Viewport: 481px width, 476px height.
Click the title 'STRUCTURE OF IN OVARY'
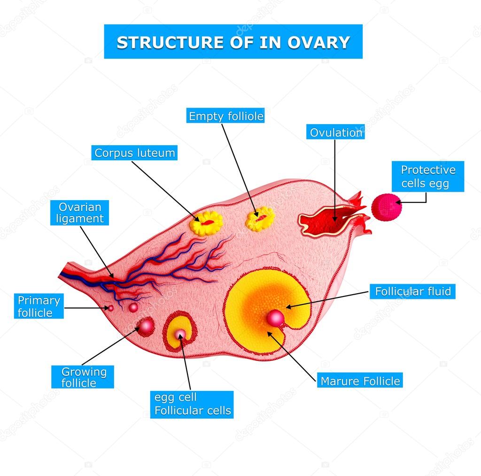(x=233, y=42)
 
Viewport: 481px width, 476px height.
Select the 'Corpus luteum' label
(x=134, y=153)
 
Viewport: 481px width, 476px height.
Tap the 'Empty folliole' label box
(x=226, y=116)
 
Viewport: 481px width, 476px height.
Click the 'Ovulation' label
(x=336, y=133)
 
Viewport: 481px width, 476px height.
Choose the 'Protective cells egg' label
(x=428, y=176)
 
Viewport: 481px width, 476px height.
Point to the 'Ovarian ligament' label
(x=80, y=212)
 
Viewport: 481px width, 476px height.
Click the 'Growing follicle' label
(x=83, y=377)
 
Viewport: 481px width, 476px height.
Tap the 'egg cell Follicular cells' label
(x=193, y=404)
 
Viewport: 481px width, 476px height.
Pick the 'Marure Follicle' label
(x=360, y=381)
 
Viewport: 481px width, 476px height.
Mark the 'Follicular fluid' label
(x=412, y=291)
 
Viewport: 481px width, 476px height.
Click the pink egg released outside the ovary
(x=387, y=207)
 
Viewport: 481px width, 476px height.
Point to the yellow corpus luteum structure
(x=206, y=223)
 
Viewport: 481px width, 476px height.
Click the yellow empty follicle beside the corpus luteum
(x=260, y=219)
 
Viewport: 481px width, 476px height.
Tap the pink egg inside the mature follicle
(x=275, y=318)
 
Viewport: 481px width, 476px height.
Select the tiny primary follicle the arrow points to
(x=111, y=308)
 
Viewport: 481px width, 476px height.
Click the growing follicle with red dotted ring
(x=146, y=326)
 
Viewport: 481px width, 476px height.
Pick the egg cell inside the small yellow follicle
(x=181, y=334)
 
